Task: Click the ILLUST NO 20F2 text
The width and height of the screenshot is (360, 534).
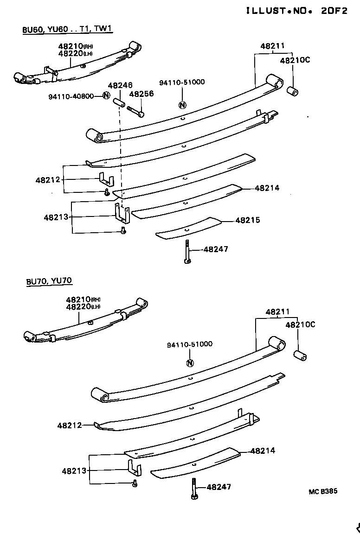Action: point(296,11)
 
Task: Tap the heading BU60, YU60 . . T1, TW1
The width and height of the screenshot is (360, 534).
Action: point(67,29)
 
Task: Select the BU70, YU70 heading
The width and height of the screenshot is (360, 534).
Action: point(49,281)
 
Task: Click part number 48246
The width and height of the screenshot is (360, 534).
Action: point(120,85)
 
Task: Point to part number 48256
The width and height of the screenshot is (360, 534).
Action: point(141,94)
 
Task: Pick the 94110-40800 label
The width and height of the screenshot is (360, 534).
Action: point(71,96)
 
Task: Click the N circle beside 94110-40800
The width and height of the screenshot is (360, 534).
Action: point(106,96)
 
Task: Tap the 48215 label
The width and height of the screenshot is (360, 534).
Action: point(248,221)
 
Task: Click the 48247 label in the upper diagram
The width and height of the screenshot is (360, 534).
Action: point(216,249)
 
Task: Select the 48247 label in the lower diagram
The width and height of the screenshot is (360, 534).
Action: point(219,487)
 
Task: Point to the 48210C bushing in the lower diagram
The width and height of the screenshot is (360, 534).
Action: point(301,356)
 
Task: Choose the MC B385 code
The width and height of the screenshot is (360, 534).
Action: point(323,491)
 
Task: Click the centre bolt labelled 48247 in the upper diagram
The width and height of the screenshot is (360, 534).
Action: point(187,252)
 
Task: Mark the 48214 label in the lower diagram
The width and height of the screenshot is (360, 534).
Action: point(263,451)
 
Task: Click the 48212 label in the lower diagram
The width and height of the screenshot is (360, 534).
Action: point(70,425)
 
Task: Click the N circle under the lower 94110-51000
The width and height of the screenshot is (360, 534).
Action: point(189,363)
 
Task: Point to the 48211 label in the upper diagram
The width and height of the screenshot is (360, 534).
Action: point(272,46)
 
